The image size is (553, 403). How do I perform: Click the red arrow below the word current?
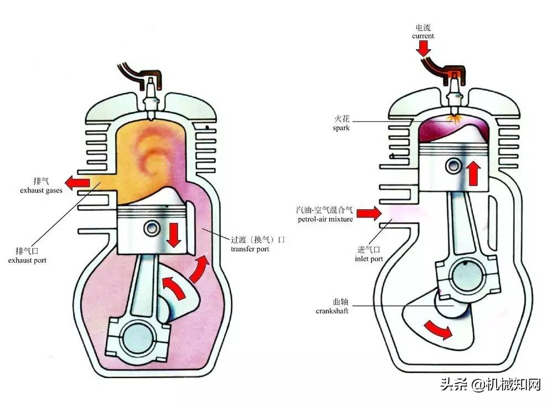[x=424, y=49]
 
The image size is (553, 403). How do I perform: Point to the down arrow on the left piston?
[x=175, y=235]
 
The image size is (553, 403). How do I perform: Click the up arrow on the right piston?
[x=473, y=173]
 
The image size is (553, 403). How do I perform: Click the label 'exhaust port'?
[x=28, y=260]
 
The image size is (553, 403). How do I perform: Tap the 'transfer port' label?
[x=250, y=249]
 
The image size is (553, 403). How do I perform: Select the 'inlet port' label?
[x=369, y=258]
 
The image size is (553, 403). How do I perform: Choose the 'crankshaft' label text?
[x=332, y=311]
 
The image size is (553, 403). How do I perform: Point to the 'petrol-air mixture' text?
[x=324, y=219]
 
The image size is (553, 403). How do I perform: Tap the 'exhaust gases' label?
[x=41, y=190]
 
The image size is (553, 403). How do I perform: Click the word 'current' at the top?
[x=423, y=36]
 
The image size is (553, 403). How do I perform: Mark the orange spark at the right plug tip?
[x=456, y=118]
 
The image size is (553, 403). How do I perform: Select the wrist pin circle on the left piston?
[x=151, y=228]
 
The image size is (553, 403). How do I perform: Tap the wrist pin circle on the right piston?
[x=455, y=165]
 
